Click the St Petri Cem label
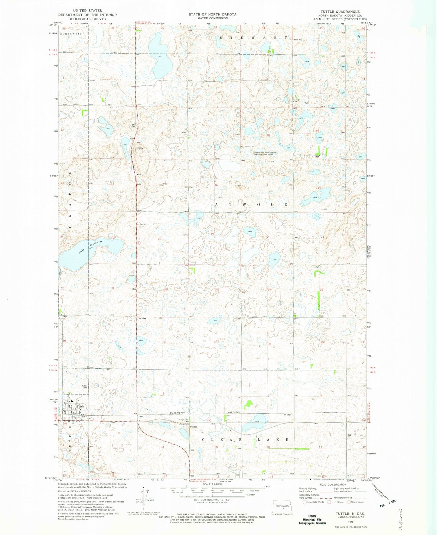(296, 101)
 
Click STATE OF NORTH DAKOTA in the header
(212, 14)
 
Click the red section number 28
(217, 290)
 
